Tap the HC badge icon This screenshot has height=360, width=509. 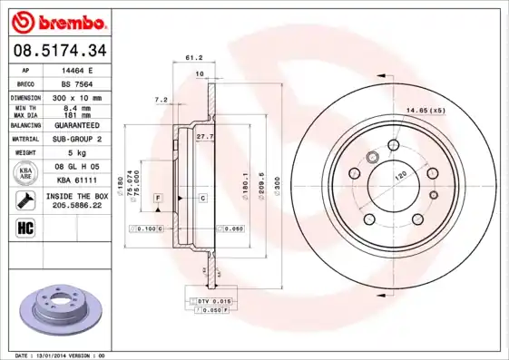[25, 226]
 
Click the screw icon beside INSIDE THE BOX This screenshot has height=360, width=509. [25, 199]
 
